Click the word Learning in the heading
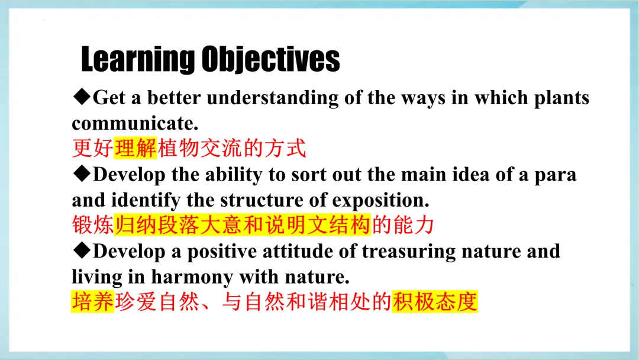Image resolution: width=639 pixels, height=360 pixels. tap(138, 60)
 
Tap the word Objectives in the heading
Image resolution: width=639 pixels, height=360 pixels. tap(270, 60)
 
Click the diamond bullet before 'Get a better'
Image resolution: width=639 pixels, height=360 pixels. tap(82, 97)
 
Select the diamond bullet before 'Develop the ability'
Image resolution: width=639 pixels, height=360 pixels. tap(82, 173)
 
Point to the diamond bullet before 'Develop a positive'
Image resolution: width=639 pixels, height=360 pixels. tap(82, 250)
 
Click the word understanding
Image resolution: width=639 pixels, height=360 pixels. tap(273, 98)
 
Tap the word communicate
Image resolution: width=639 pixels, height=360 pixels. tap(135, 124)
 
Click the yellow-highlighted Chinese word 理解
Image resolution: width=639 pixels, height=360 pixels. tap(135, 147)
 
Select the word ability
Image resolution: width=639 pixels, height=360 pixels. tap(234, 175)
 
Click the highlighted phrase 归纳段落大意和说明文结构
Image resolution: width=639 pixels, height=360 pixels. tap(243, 224)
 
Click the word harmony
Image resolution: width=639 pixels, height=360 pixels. tap(192, 277)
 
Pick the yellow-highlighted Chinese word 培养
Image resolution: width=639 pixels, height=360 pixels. tap(93, 302)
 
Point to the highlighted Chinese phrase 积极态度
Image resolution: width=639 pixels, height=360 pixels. tap(435, 302)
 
